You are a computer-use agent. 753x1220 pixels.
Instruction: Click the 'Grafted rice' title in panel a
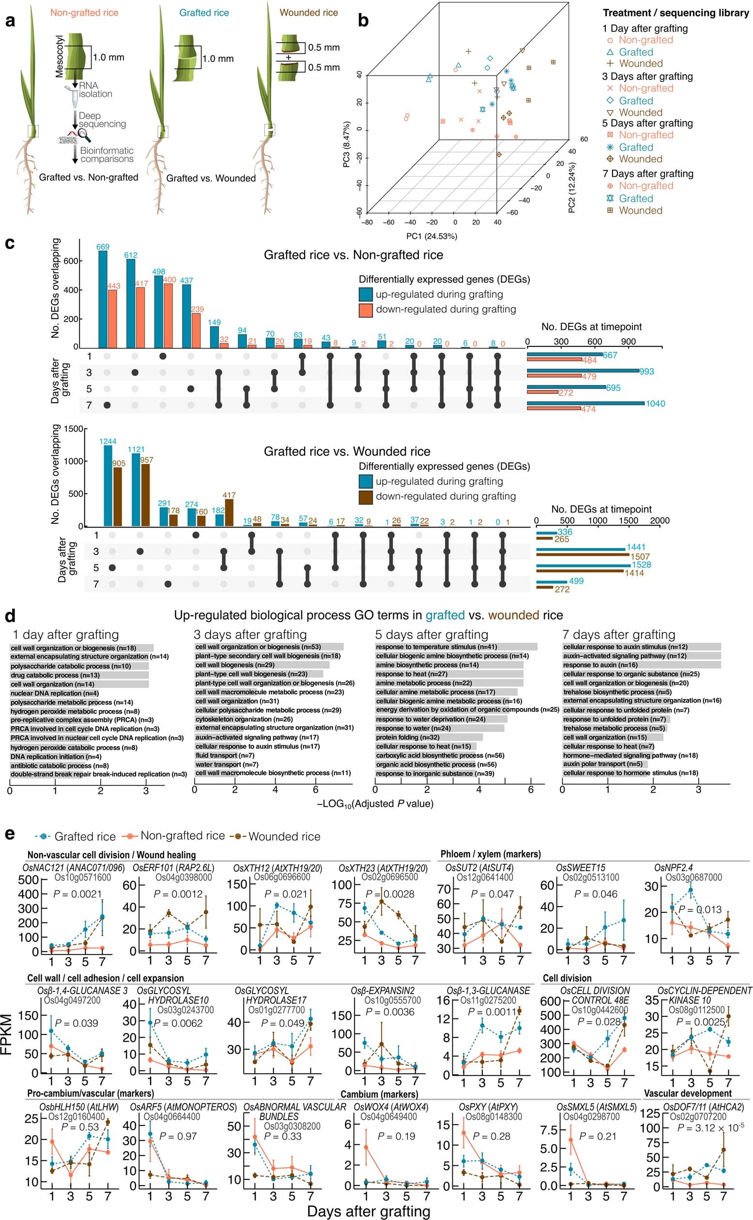click(x=204, y=13)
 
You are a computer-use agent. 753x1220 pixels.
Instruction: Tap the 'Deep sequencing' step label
click(x=102, y=120)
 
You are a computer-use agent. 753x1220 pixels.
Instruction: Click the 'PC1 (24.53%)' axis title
click(x=432, y=236)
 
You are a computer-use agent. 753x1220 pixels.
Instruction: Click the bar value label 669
click(x=103, y=247)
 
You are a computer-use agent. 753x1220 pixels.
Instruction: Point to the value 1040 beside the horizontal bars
click(x=655, y=404)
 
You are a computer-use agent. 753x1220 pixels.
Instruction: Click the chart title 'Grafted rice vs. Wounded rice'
click(x=347, y=452)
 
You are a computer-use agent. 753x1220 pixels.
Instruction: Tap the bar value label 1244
click(x=108, y=441)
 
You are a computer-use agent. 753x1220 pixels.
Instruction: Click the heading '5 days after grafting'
click(x=431, y=635)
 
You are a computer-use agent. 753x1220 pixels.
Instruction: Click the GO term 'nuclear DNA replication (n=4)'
click(x=46, y=693)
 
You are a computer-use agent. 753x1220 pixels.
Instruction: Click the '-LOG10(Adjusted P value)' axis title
click(x=375, y=803)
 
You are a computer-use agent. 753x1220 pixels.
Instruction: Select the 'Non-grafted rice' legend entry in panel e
click(x=182, y=835)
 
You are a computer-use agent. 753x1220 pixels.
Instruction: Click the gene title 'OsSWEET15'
click(x=580, y=868)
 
